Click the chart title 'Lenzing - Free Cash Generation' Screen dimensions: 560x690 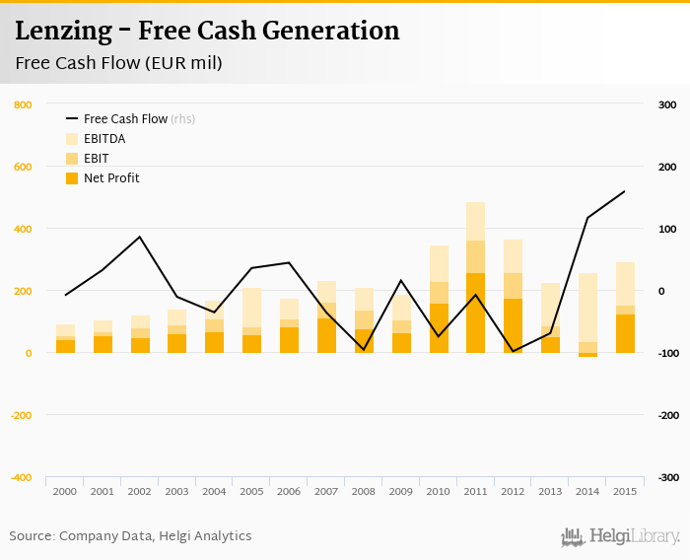click(207, 31)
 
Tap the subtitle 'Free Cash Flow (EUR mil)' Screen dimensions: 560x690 click(118, 64)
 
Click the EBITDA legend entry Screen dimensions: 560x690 click(103, 139)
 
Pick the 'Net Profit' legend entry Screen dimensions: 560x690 click(110, 178)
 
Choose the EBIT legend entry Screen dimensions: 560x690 click(97, 159)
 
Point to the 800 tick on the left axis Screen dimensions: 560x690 click(23, 105)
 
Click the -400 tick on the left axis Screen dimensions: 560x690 click(21, 477)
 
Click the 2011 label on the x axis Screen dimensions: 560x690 click(475, 491)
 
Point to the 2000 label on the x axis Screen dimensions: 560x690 click(65, 491)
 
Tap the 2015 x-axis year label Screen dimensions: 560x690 click(624, 491)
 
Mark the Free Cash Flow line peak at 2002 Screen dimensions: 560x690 click(140, 237)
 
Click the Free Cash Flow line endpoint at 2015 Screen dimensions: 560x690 click(624, 191)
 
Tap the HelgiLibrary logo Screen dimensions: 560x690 click(621, 536)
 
